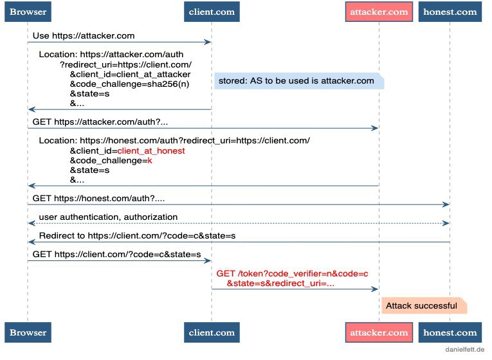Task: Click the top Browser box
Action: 28,12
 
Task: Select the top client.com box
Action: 212,12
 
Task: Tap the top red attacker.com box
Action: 379,12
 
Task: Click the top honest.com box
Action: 450,12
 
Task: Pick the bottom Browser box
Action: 28,332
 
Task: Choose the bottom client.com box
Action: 212,332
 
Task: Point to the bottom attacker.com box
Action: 379,332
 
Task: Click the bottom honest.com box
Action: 450,332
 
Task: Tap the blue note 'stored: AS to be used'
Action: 299,81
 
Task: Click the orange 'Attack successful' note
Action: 424,306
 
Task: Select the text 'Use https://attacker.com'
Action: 84,36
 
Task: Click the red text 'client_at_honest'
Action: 151,151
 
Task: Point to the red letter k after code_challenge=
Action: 150,161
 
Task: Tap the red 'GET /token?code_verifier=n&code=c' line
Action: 292,273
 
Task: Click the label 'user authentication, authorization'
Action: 108,217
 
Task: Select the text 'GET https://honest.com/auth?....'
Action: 98,198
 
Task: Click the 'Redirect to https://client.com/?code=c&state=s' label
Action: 137,235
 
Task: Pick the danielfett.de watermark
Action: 464,349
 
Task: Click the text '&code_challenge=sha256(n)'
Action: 129,84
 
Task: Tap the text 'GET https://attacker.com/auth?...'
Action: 100,122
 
